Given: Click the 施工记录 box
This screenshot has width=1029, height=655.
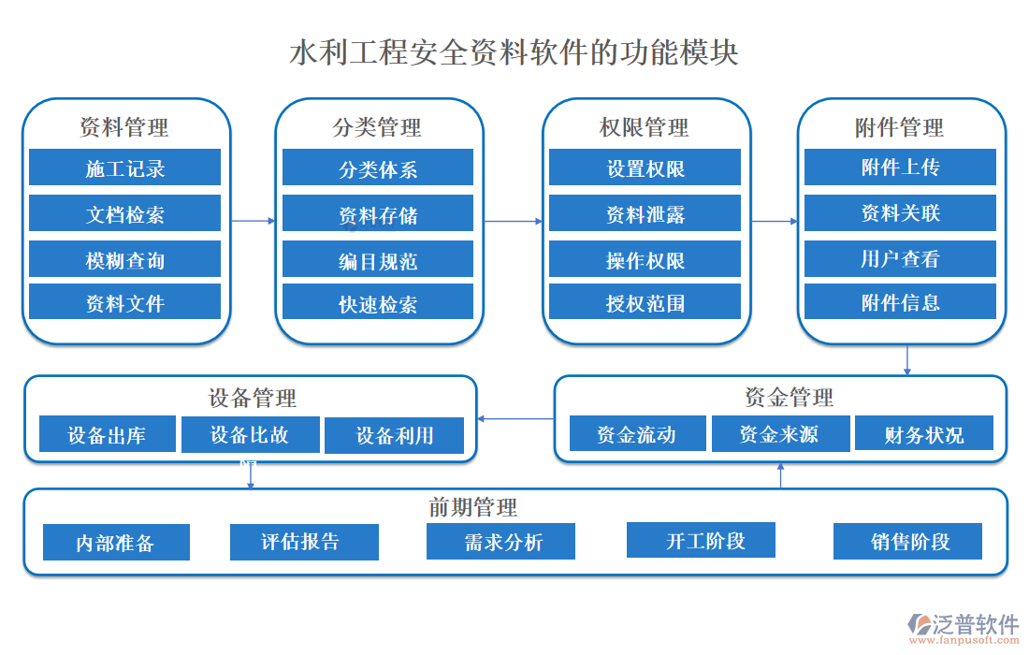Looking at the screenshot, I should pos(124,167).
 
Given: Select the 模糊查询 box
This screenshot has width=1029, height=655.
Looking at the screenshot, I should pos(124,259).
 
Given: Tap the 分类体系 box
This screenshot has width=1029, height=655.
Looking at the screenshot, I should pos(377,168).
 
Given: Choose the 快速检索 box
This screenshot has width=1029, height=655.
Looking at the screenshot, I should pos(377,304).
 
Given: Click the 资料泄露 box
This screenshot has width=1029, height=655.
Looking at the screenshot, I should pos(645,214).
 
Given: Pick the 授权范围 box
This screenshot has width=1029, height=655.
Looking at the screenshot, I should pos(645,302).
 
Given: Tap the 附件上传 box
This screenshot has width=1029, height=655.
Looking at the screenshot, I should pos(900,167).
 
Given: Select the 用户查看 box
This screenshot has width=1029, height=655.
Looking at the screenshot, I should pos(900,259).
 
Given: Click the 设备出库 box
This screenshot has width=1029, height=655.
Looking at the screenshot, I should pos(107,434).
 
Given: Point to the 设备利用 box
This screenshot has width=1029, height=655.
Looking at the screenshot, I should pos(394,435).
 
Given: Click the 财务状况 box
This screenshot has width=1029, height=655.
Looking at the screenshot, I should pos(923,434).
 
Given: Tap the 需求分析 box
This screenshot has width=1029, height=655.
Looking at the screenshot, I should pos(500,542).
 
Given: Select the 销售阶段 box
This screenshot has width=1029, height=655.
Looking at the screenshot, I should pos(907,541).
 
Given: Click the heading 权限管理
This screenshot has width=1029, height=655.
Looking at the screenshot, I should pos(645,126).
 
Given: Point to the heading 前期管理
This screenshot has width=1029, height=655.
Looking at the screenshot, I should pos(472,507).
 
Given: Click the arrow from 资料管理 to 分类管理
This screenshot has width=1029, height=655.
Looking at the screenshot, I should pos(254,221).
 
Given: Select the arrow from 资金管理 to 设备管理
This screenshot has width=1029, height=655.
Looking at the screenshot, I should pos(515,418).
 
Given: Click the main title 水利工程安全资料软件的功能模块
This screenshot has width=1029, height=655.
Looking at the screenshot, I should pos(514,51).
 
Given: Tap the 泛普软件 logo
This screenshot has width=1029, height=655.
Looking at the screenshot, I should pos(964,626).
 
